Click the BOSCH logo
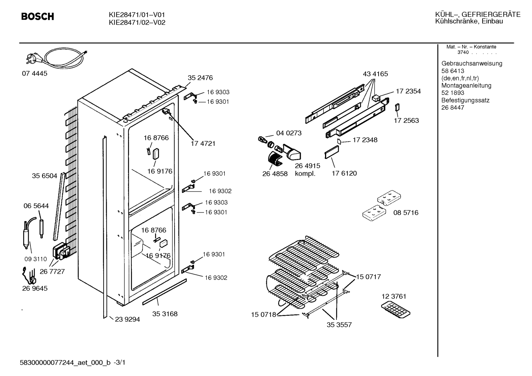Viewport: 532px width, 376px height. coord(38,16)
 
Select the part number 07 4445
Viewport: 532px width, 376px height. coord(35,73)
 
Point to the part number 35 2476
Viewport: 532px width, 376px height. coord(200,77)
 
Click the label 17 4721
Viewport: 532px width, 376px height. coord(203,144)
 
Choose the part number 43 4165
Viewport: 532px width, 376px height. coord(375,74)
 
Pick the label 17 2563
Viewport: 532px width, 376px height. coord(406,120)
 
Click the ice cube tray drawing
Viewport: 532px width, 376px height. coord(395,310)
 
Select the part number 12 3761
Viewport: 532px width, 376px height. coord(394,296)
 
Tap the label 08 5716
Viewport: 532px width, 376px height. coord(406,212)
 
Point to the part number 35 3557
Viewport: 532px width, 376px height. coord(339,325)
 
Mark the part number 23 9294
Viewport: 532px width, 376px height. coord(128,320)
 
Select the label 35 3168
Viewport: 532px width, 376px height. coord(165,314)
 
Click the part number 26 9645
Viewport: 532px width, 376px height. coord(35,288)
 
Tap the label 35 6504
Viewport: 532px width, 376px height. coord(45,176)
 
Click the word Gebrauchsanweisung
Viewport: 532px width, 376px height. coord(472,63)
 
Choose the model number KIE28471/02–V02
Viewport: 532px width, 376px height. coord(137,23)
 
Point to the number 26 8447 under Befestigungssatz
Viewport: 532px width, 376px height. coord(453,108)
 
